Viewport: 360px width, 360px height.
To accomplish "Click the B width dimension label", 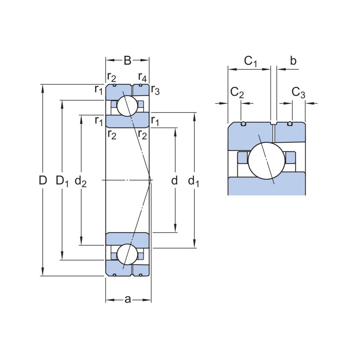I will (127, 60).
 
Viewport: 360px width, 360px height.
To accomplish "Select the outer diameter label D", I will (43, 180).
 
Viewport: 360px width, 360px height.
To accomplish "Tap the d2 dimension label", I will (81, 181).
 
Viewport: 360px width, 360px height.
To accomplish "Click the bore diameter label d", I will (175, 180).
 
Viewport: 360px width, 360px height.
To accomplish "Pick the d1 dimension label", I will (194, 181).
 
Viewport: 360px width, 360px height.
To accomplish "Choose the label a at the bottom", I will (127, 300).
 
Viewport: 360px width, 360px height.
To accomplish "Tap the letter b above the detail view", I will (293, 61).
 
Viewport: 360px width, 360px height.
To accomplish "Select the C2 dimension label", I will (237, 93).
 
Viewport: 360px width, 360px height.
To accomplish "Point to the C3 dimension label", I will (298, 93).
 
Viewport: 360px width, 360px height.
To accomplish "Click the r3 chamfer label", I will (155, 90).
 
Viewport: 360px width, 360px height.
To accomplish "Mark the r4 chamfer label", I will (143, 77).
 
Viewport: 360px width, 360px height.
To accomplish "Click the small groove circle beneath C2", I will (243, 124).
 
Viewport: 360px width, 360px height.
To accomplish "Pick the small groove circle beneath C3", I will (290, 124).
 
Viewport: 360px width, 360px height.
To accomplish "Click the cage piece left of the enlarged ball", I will (242, 157).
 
